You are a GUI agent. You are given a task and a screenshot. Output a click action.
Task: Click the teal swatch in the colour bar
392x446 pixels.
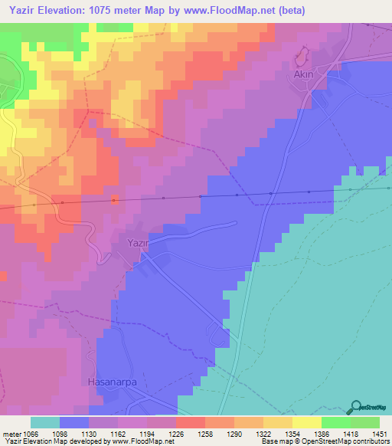(44, 422)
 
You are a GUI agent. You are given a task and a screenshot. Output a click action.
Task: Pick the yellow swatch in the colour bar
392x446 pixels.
(306, 422)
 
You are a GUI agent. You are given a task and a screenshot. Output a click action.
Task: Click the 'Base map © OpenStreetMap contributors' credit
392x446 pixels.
(325, 441)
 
